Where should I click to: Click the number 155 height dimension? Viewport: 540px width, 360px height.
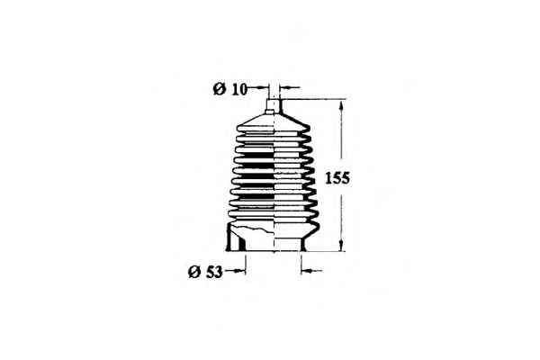coord(337,178)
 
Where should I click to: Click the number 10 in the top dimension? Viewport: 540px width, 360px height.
coord(239,90)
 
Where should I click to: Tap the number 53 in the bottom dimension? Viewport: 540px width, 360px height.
coord(214,272)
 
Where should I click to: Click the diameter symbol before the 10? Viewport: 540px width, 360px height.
coord(220,89)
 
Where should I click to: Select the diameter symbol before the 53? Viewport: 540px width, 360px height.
coord(194,272)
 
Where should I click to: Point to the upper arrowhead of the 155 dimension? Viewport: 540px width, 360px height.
coord(341,104)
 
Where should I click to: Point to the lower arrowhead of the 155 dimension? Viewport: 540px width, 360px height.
coord(341,246)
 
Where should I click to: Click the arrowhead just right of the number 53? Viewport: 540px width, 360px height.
coord(241,271)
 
